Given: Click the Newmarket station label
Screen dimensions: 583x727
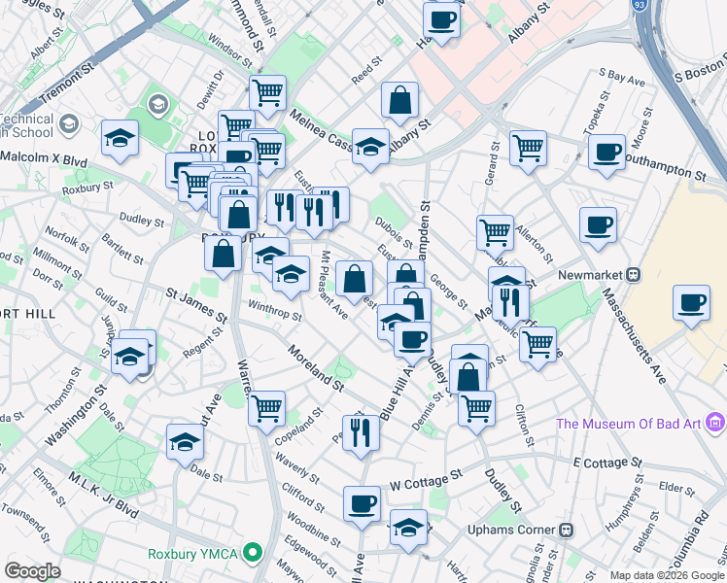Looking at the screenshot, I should point(588,274).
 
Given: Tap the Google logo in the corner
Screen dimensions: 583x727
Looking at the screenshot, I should point(32,571).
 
